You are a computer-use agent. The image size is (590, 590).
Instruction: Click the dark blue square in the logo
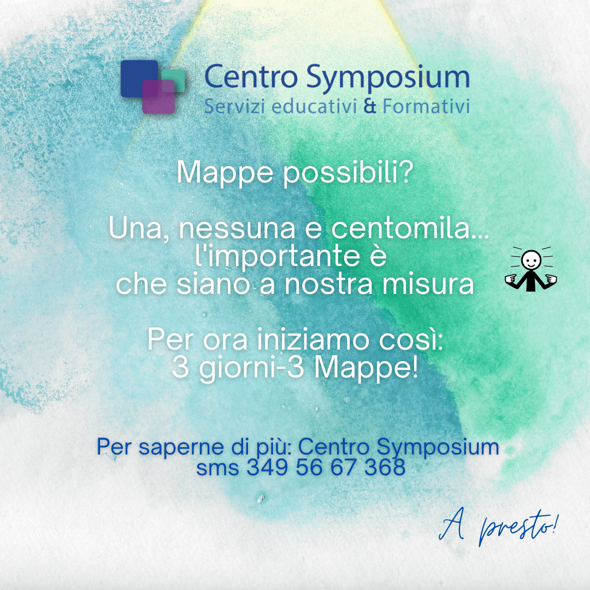pos(139,78)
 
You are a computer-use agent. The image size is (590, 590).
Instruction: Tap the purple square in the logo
pos(158,97)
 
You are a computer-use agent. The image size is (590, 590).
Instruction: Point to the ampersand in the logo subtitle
pos(370,106)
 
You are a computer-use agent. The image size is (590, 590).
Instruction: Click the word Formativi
pos(426,106)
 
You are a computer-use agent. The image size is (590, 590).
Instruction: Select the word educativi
pos(314,106)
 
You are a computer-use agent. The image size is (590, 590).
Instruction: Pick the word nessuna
pos(237,229)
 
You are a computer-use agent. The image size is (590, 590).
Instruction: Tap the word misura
pos(428,284)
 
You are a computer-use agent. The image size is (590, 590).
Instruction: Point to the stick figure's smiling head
pos(531,260)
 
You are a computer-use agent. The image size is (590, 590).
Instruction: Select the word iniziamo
pos(314,339)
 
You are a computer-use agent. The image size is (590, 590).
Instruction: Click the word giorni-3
pos(251,368)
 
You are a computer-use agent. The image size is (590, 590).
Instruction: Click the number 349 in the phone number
pos(268,467)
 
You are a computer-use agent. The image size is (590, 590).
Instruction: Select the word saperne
pos(181,448)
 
